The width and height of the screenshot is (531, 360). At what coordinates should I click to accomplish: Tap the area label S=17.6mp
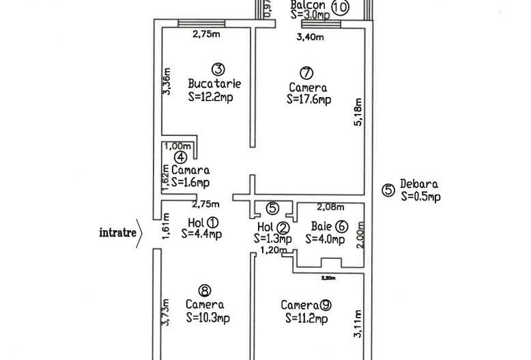tap(308, 100)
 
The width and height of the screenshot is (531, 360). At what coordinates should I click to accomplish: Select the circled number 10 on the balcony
tap(340, 8)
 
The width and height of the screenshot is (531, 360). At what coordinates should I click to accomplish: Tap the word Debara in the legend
tap(419, 184)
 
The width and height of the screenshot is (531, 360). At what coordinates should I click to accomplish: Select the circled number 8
tap(203, 290)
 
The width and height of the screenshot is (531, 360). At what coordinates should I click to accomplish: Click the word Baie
tap(321, 225)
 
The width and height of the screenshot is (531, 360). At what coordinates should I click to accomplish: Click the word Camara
tap(190, 169)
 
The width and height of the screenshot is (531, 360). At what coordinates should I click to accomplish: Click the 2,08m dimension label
tap(330, 206)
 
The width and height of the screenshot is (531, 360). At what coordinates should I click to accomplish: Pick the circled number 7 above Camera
tap(306, 72)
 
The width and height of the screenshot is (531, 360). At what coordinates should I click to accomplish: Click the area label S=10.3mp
tap(207, 318)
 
